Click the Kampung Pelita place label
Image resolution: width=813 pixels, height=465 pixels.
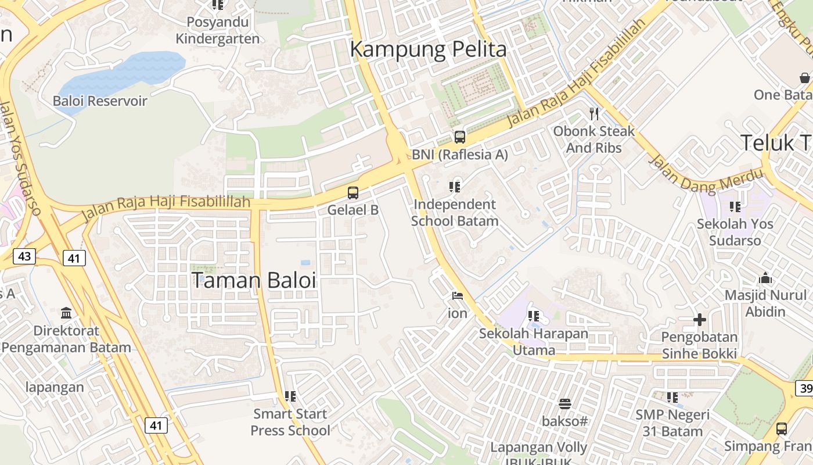428,49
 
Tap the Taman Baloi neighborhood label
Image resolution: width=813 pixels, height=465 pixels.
254,280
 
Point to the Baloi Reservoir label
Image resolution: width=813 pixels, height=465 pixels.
100,101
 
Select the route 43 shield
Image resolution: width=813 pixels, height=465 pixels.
24,255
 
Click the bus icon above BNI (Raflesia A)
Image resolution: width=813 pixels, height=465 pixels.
460,137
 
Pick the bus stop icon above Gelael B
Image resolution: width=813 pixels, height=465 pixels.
353,192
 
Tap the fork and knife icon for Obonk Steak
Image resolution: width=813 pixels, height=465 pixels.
593,113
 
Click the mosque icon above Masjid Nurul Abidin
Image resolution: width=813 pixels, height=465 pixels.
765,278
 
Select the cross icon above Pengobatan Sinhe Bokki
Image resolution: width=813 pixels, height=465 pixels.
699,320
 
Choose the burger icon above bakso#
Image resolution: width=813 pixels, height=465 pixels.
564,403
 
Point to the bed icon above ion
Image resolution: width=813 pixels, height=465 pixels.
458,296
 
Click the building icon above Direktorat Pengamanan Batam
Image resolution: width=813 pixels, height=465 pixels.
66,313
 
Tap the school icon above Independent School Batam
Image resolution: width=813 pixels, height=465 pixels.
455,187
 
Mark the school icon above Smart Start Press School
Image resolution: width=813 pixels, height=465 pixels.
290,396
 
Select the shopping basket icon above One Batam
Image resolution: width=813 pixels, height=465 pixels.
805,77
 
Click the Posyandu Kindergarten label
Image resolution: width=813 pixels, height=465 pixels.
218,31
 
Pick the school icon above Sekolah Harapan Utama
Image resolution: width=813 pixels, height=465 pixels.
534,316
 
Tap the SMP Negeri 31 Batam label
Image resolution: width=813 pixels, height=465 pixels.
672,423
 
